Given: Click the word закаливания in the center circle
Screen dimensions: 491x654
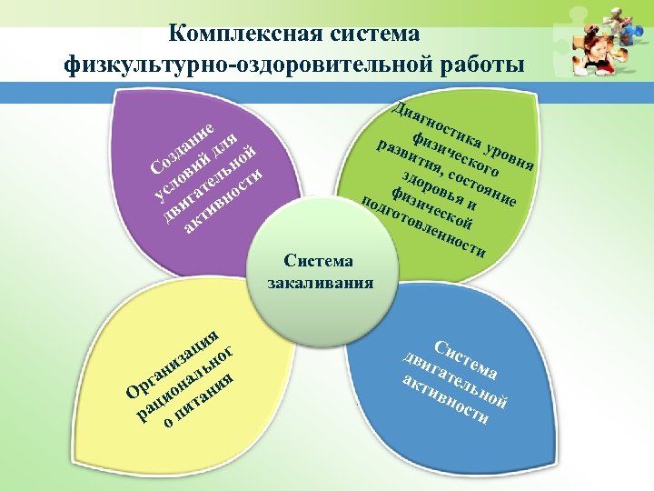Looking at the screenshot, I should [x=320, y=282].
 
